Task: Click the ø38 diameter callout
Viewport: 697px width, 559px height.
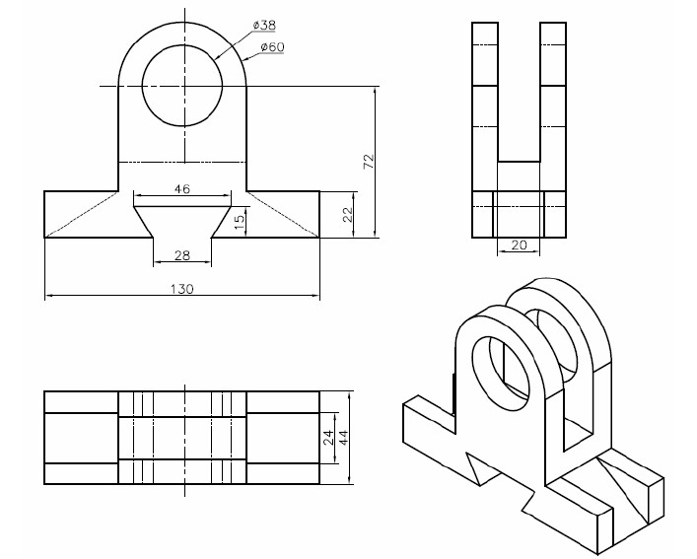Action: tap(264, 25)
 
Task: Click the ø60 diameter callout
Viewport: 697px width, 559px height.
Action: tap(272, 46)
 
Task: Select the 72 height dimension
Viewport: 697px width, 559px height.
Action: tap(370, 161)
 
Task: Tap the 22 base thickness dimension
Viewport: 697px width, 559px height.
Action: tap(348, 214)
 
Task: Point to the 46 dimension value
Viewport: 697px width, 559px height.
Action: tap(182, 189)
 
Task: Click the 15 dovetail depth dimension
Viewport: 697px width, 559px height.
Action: tap(240, 221)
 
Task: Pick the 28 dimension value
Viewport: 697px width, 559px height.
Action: tap(182, 255)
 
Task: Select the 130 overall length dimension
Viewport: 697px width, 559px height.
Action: tap(182, 289)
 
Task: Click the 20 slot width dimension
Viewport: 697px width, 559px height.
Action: tap(519, 245)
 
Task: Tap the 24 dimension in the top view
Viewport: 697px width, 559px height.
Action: tap(328, 438)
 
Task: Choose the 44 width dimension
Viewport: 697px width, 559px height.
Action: tap(344, 438)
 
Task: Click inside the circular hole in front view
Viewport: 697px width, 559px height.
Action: tap(182, 86)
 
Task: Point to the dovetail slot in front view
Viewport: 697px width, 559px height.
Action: tap(182, 221)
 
